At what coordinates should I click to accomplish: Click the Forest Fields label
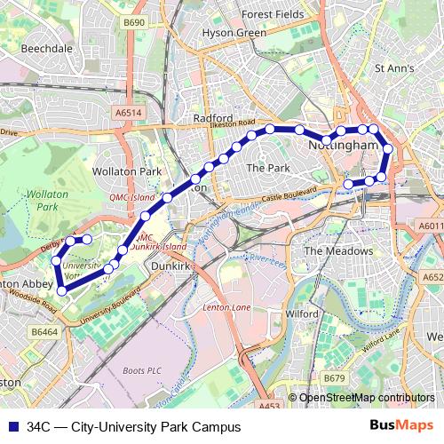(x=274, y=14)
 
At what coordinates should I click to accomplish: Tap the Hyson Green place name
(x=234, y=33)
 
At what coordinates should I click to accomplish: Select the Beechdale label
(x=46, y=48)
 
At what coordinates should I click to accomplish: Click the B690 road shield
(x=134, y=22)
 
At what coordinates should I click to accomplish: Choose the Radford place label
(x=213, y=117)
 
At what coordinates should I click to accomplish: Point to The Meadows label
(x=338, y=251)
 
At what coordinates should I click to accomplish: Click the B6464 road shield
(x=44, y=331)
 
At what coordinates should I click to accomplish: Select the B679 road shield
(x=335, y=378)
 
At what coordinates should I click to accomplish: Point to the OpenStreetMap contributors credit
(x=366, y=398)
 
